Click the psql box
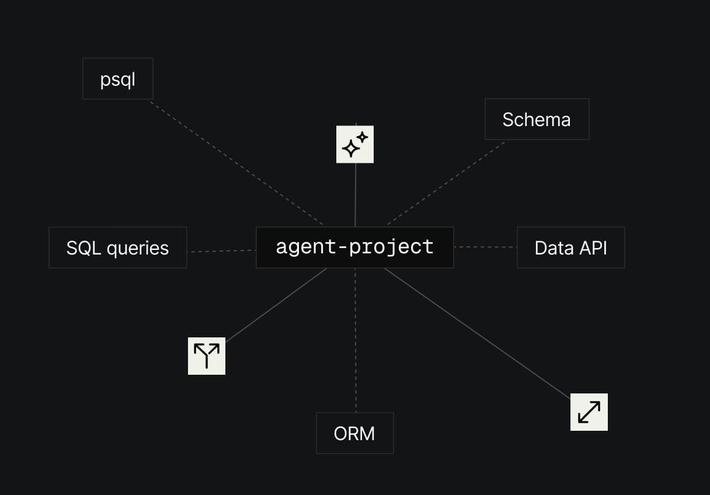click(118, 79)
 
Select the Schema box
click(537, 119)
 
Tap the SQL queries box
click(118, 247)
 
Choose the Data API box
click(571, 247)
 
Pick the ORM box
click(355, 433)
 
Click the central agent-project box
click(355, 247)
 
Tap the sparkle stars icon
click(355, 145)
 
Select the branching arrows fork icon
click(207, 356)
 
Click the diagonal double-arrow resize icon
click(589, 412)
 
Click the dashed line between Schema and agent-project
click(446, 183)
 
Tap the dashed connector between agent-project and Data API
click(485, 247)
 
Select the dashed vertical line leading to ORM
click(356, 340)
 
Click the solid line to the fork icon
click(276, 305)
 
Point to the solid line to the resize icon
click(477, 333)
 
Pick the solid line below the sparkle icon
click(356, 195)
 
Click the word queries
click(138, 249)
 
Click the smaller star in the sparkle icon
click(362, 138)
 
